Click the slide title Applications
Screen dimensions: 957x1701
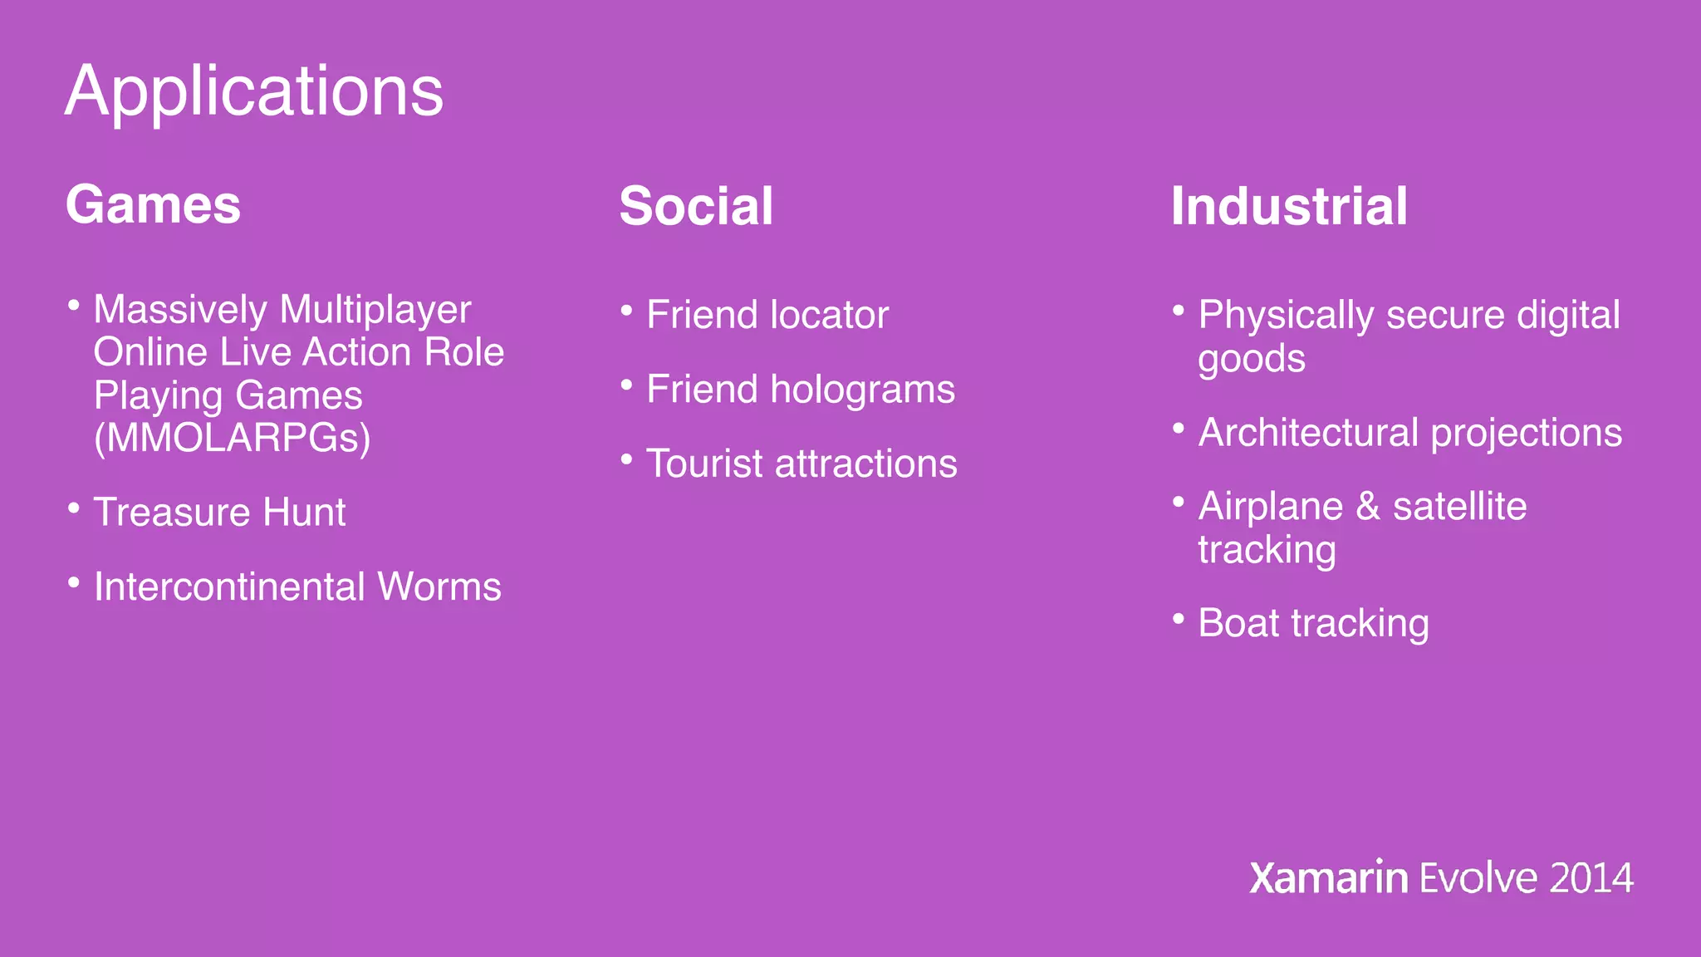point(254,91)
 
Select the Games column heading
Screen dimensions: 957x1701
point(154,205)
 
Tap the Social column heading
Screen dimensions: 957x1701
point(696,207)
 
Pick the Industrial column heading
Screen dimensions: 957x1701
point(1289,207)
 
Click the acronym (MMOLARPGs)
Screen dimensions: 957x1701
point(233,438)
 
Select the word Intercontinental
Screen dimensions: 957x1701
point(229,586)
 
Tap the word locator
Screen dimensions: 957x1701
point(829,315)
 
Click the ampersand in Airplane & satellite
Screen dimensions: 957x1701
point(1367,507)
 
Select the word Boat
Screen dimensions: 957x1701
point(1238,623)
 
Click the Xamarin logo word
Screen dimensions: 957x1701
point(1328,878)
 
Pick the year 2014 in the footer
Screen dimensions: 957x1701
point(1591,879)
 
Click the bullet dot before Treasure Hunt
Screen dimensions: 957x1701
point(74,507)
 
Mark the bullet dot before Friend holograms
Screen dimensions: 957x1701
point(627,385)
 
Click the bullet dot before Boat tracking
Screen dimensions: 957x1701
point(1178,618)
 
